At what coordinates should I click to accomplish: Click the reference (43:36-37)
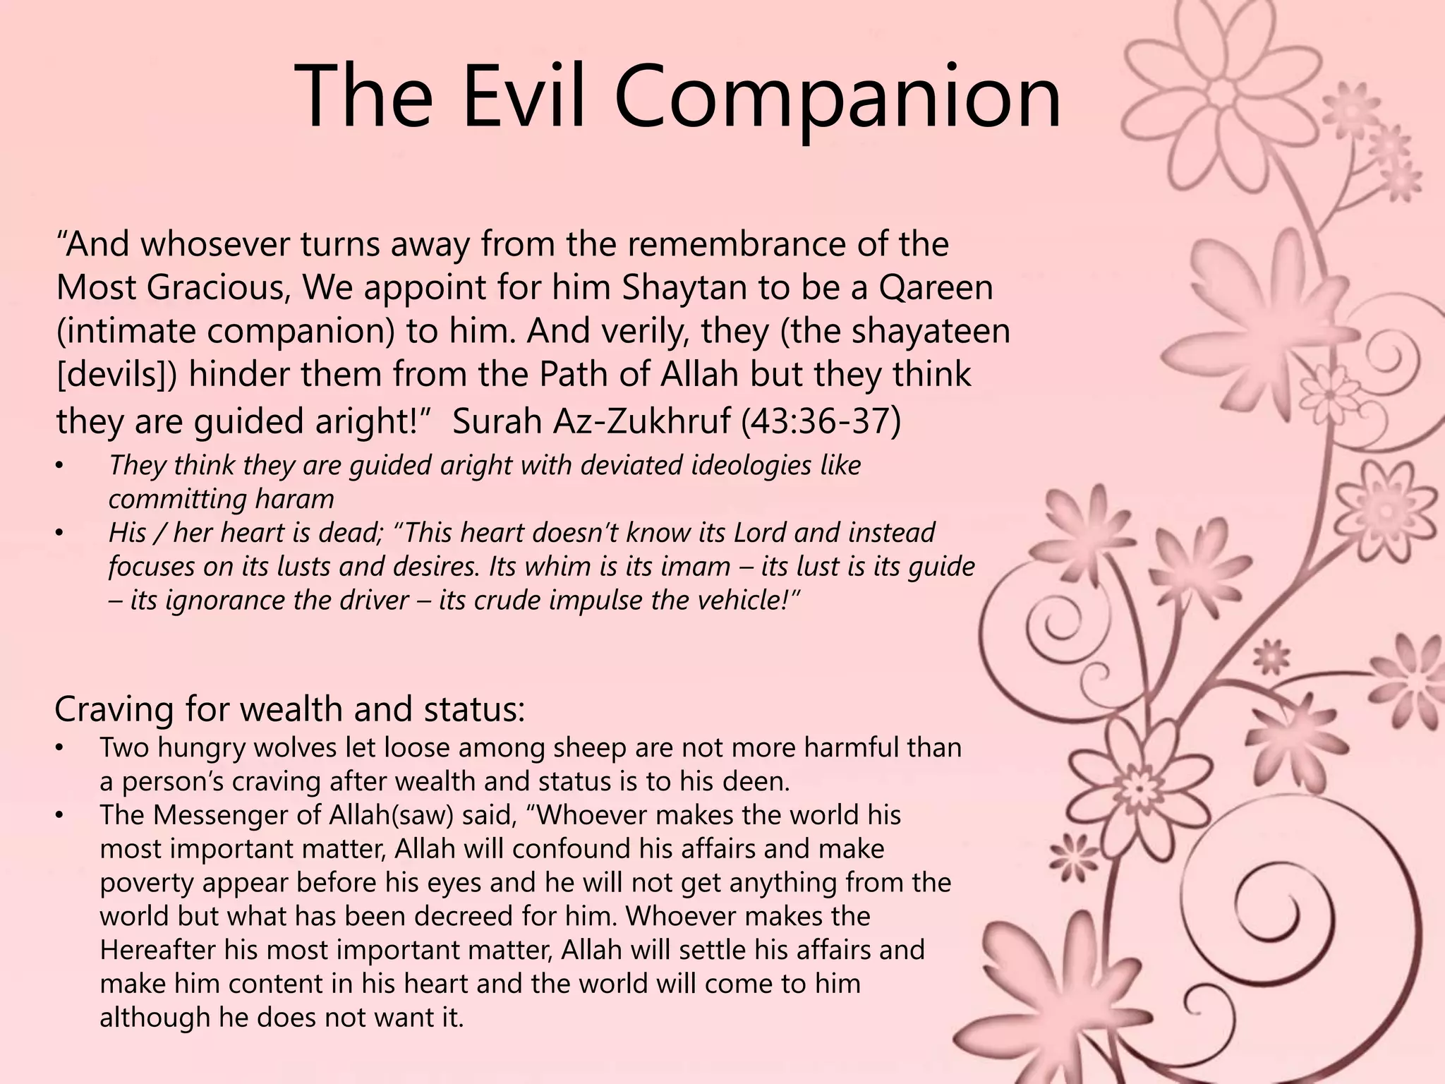pyautogui.click(x=821, y=421)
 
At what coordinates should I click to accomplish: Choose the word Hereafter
pyautogui.click(x=159, y=950)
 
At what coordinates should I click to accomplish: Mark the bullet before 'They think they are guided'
pyautogui.click(x=61, y=466)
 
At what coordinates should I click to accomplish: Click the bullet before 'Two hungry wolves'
pyautogui.click(x=61, y=748)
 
